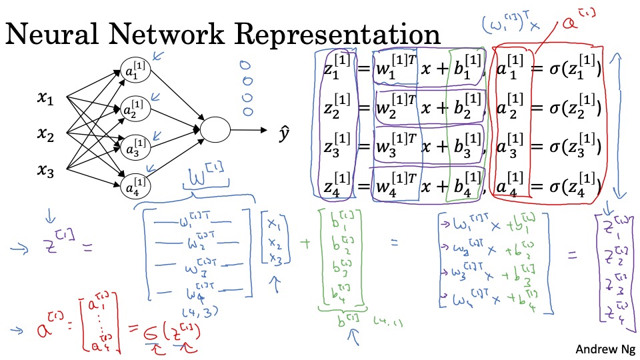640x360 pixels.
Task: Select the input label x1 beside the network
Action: click(45, 100)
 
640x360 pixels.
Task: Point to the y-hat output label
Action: click(283, 135)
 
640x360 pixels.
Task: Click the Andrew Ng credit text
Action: click(605, 349)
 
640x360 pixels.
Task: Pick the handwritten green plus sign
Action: click(305, 244)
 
